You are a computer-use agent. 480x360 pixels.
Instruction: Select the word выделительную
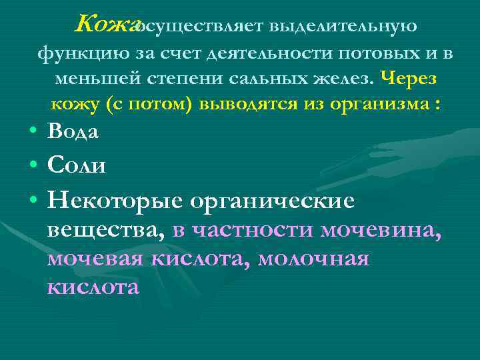pos(343,27)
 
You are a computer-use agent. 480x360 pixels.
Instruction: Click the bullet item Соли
pos(76,164)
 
